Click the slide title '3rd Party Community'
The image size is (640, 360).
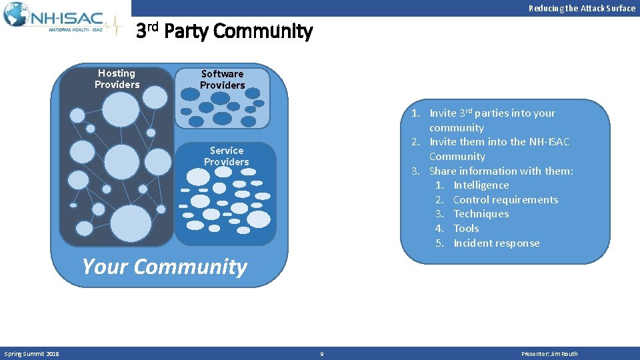click(x=224, y=31)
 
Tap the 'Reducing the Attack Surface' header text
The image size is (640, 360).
click(x=581, y=8)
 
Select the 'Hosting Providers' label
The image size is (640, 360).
click(x=117, y=79)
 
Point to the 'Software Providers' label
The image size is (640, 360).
click(x=222, y=79)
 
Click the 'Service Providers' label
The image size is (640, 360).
click(x=226, y=156)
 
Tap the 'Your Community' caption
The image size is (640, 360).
click(x=164, y=267)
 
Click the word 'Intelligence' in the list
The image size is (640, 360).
click(x=481, y=185)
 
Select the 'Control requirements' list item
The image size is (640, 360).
click(x=505, y=200)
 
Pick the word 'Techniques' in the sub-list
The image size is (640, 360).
click(x=481, y=214)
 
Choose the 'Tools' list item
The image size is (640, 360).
click(x=466, y=229)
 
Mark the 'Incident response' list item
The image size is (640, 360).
click(x=496, y=243)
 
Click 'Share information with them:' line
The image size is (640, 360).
click(x=501, y=171)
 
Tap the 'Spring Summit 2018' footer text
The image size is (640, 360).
click(x=31, y=353)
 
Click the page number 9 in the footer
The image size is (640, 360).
click(x=321, y=354)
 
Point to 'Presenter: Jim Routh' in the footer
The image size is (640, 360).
click(x=549, y=354)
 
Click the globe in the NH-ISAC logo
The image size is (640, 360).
click(x=16, y=15)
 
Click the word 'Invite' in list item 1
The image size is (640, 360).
click(x=443, y=113)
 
